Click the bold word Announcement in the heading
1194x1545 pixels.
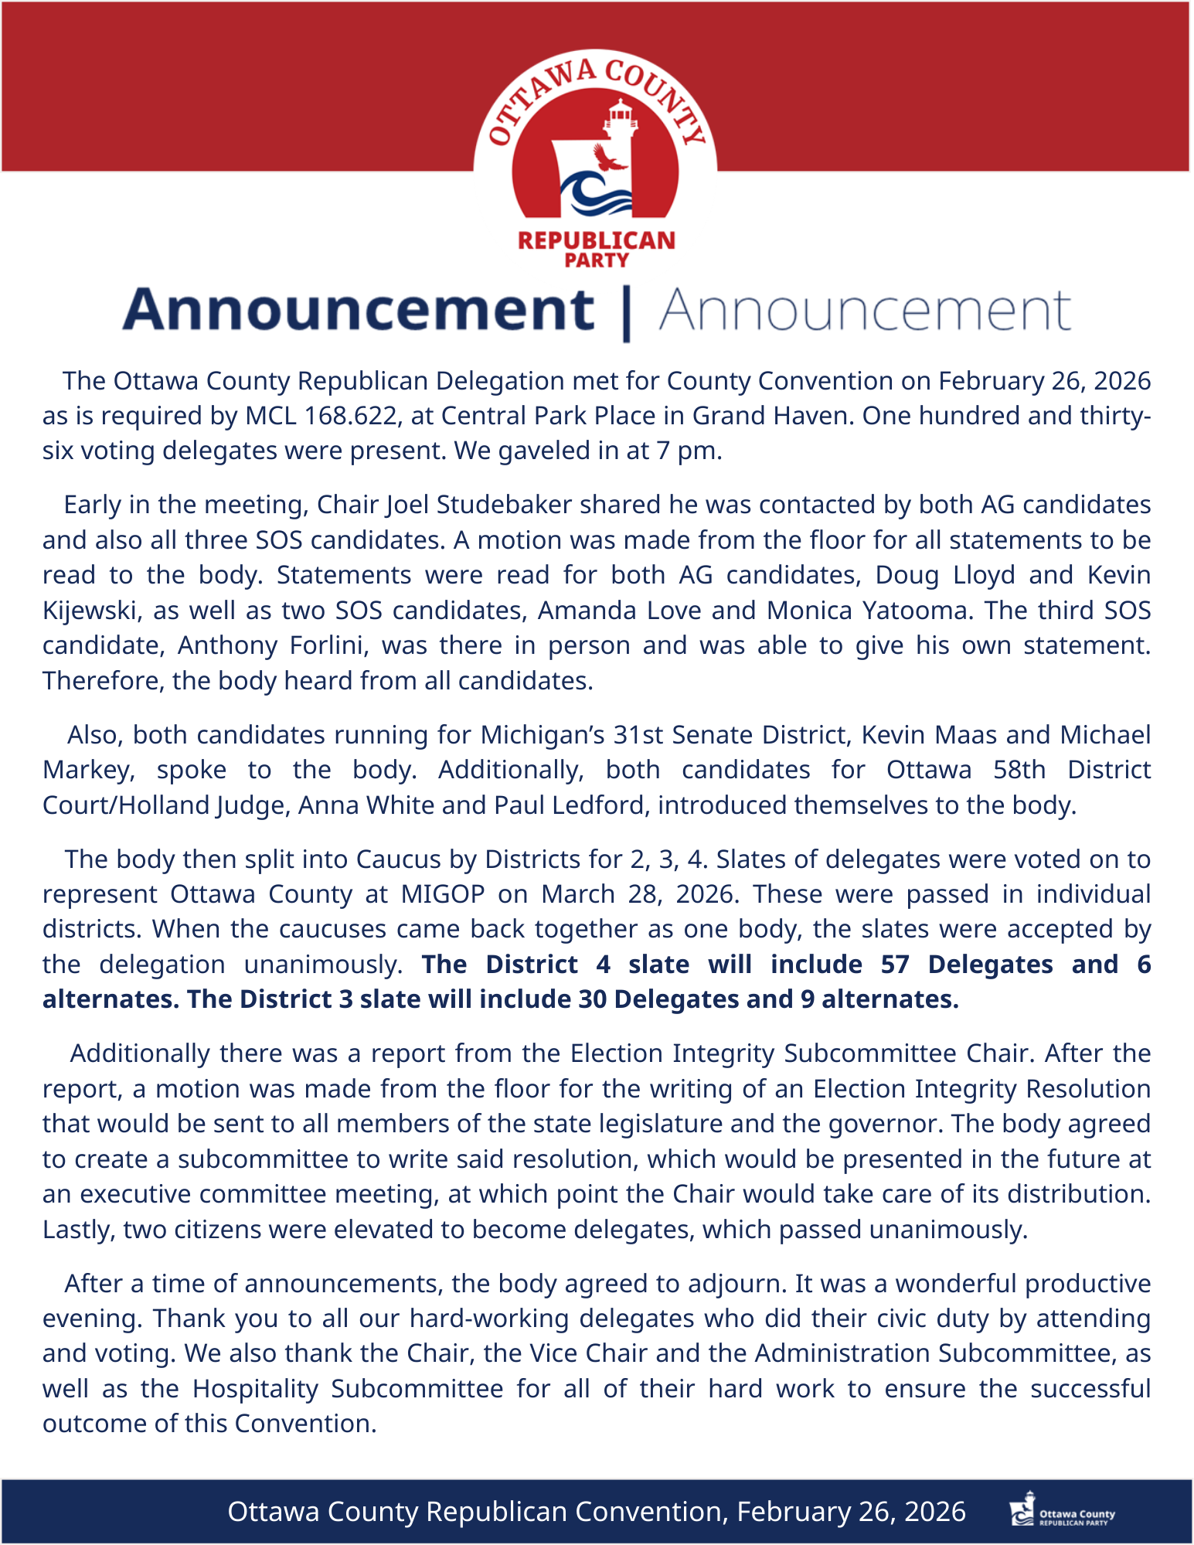pyautogui.click(x=359, y=310)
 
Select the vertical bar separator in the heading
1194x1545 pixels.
pyautogui.click(x=626, y=312)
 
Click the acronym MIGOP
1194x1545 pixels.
pyautogui.click(x=442, y=894)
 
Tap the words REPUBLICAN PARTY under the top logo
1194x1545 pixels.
pyautogui.click(x=597, y=249)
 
